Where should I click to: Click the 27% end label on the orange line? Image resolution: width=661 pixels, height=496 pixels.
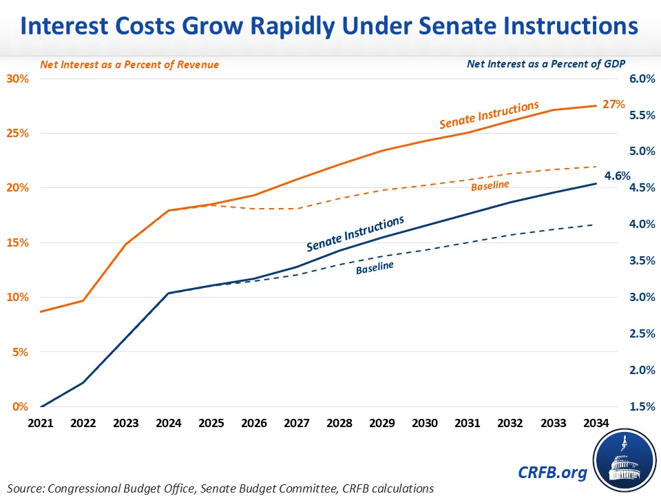[614, 105]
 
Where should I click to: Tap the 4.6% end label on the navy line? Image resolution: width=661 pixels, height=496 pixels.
[617, 176]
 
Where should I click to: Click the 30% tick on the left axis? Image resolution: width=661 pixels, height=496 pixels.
[19, 79]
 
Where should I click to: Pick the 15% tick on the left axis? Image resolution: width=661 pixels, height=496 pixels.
[19, 242]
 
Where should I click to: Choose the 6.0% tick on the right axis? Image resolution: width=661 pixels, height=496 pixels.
[641, 79]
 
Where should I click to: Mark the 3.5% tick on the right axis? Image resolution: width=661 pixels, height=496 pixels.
[641, 260]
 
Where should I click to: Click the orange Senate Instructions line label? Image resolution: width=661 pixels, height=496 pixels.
[489, 115]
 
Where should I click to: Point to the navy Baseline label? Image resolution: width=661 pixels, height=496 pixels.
[375, 267]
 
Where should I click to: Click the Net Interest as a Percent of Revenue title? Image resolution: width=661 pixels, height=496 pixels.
[129, 64]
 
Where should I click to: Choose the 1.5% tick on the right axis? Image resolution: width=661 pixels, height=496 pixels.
[641, 406]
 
